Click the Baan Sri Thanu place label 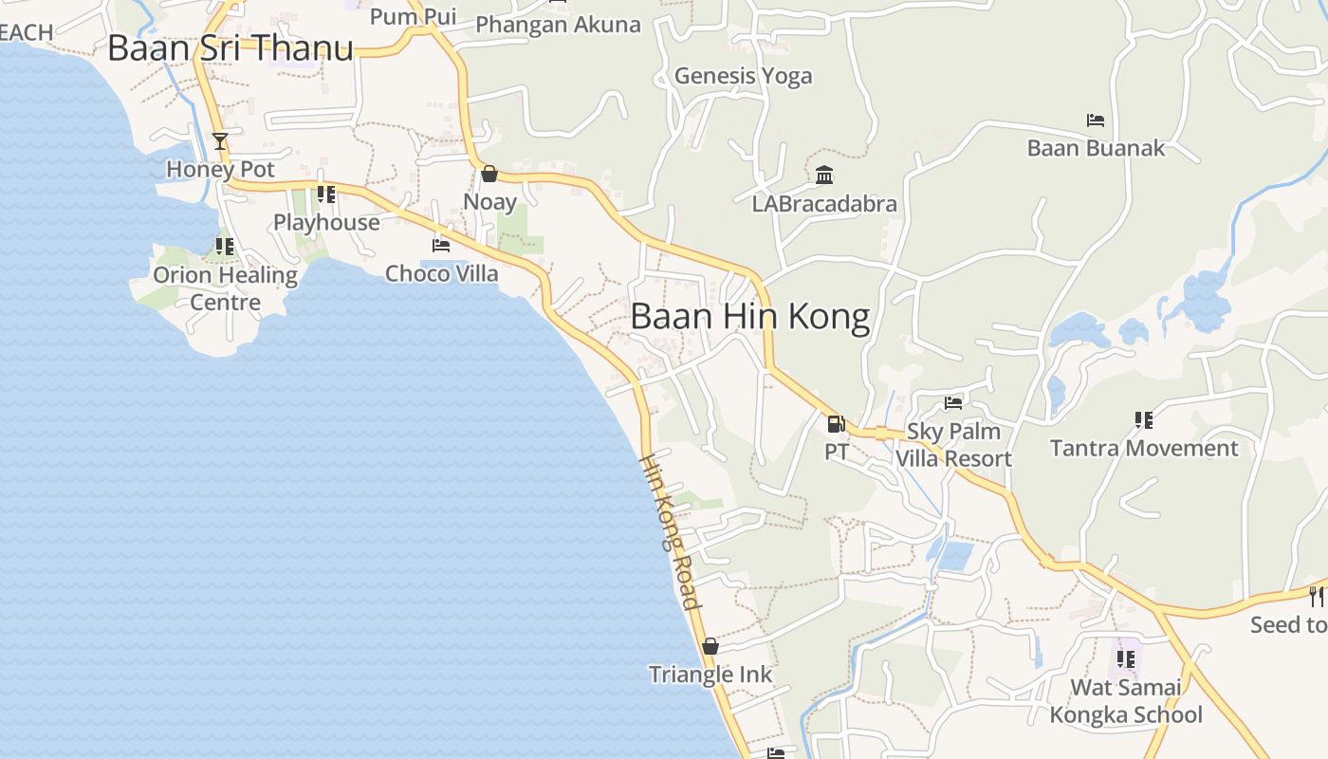coord(231,48)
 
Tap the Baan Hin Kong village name coord(749,317)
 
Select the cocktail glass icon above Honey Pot coord(220,141)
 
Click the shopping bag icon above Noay coord(489,174)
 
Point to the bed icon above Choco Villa coord(441,245)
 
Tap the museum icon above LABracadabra coord(824,176)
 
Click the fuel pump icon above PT coord(836,423)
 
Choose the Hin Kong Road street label coord(671,531)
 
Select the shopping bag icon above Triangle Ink coord(710,646)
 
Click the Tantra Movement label coord(1144,448)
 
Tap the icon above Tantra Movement coord(1144,419)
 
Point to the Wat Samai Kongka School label coord(1126,701)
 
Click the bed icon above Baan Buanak coord(1096,120)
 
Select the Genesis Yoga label coord(743,76)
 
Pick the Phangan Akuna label coord(558,25)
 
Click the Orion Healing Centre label coord(226,288)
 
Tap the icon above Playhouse coord(326,194)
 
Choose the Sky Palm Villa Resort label coord(953,445)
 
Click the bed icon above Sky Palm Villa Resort coord(953,403)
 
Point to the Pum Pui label coord(413,16)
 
